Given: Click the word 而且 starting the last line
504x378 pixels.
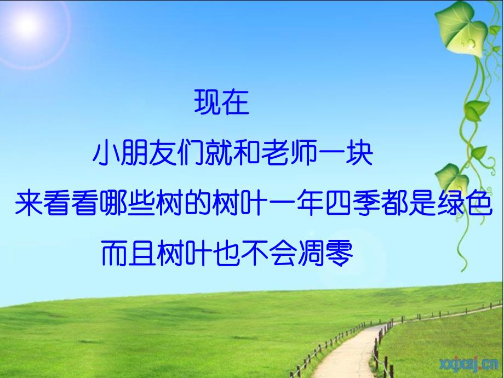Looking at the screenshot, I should pos(129,254).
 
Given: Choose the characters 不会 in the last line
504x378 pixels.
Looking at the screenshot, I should pos(270,254).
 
